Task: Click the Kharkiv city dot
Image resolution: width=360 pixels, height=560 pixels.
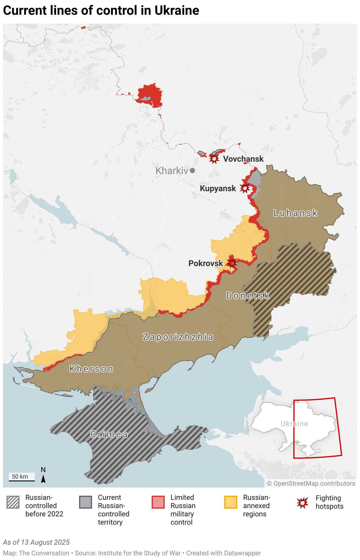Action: pyautogui.click(x=192, y=171)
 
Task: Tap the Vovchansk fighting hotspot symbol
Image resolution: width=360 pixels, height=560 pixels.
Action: pyautogui.click(x=214, y=158)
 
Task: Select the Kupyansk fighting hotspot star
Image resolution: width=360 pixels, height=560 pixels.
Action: pyautogui.click(x=245, y=188)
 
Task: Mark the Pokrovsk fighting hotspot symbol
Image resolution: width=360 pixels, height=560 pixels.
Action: pyautogui.click(x=232, y=263)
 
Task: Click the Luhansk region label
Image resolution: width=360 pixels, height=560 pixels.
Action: pyautogui.click(x=295, y=213)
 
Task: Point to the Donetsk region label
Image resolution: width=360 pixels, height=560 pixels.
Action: pyautogui.click(x=248, y=296)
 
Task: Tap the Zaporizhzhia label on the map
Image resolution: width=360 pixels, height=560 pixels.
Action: pyautogui.click(x=178, y=337)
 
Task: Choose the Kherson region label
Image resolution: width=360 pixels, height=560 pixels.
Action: pyautogui.click(x=91, y=369)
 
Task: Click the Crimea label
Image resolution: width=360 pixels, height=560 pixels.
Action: pyautogui.click(x=109, y=434)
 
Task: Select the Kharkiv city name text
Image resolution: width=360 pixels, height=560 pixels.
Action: pyautogui.click(x=172, y=171)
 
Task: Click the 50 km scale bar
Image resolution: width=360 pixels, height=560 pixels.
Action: pyautogui.click(x=22, y=481)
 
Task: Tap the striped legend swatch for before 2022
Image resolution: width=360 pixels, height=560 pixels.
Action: pyautogui.click(x=13, y=502)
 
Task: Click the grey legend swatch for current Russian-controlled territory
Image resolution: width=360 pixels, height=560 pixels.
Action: pyautogui.click(x=86, y=502)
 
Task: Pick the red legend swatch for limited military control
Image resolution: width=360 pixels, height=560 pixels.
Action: pyautogui.click(x=158, y=502)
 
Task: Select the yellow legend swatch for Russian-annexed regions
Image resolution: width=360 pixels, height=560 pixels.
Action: pyautogui.click(x=231, y=502)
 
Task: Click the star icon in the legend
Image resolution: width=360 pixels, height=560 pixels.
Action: pyautogui.click(x=303, y=503)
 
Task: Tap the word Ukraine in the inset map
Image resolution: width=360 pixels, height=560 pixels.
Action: pyautogui.click(x=294, y=424)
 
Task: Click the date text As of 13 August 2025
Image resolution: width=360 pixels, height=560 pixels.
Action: pyautogui.click(x=36, y=542)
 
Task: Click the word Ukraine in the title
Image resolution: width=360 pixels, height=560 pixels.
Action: pyautogui.click(x=177, y=10)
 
